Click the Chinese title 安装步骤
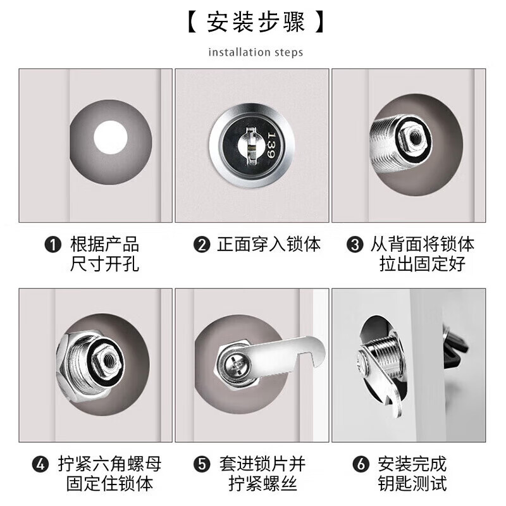(x=256, y=23)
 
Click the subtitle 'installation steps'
(x=256, y=52)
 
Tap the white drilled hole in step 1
(x=111, y=138)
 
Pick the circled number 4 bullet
(x=40, y=464)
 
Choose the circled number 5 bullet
(x=202, y=464)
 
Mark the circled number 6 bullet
(x=361, y=464)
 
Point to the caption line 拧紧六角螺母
(x=110, y=464)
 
